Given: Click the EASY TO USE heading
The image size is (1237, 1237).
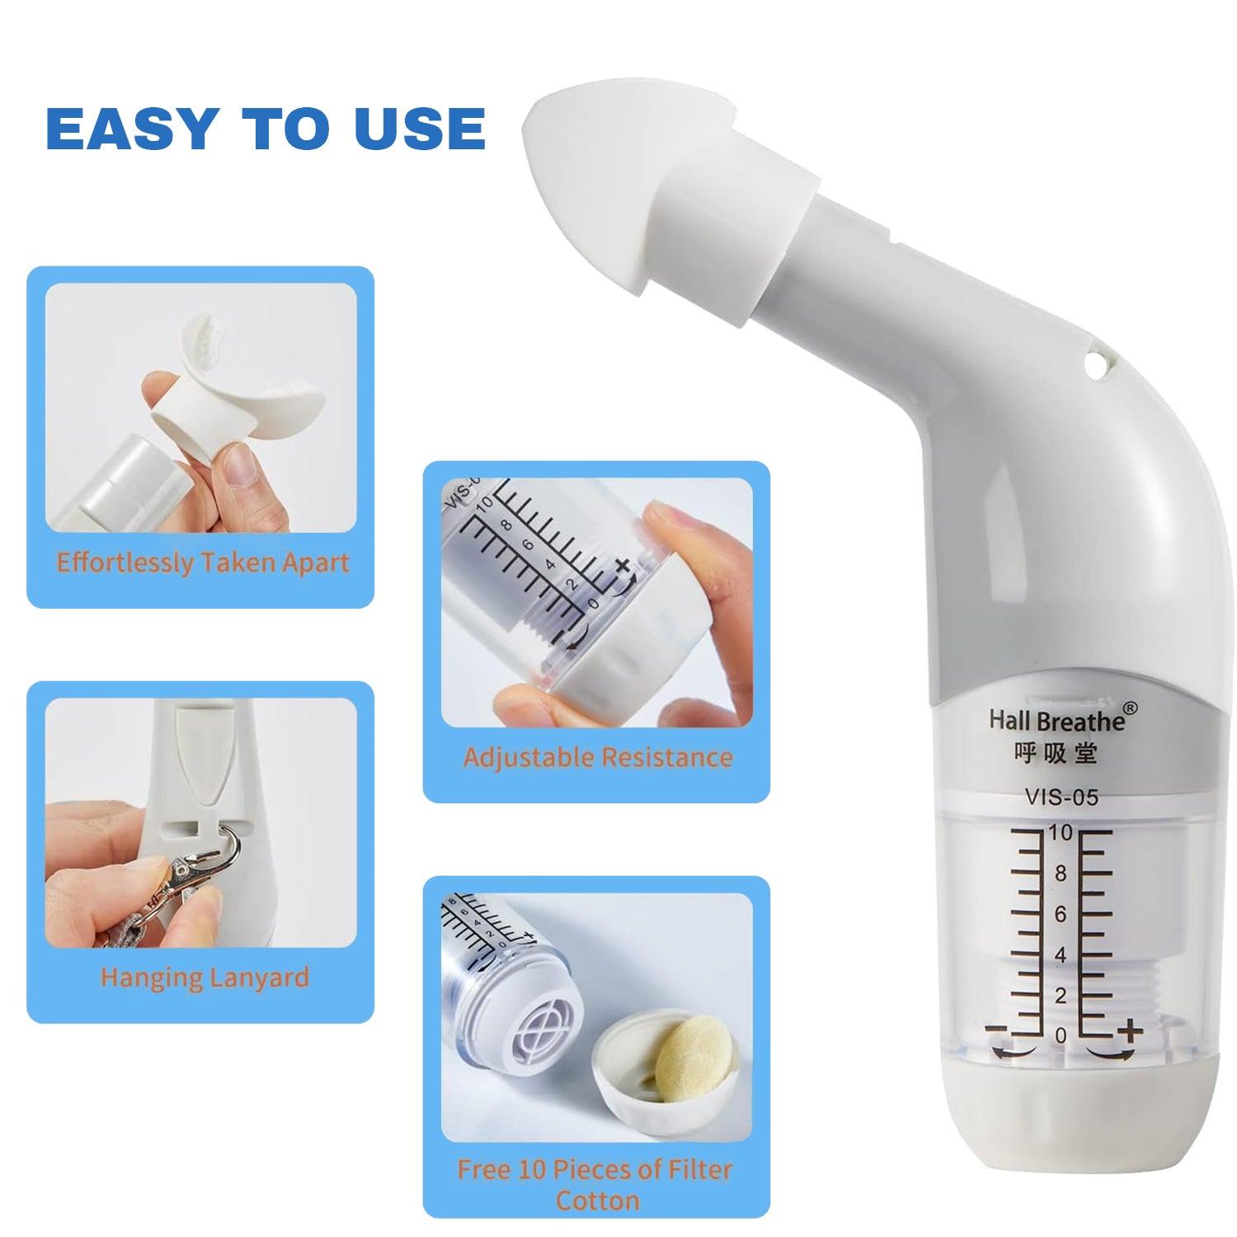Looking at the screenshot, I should [x=266, y=128].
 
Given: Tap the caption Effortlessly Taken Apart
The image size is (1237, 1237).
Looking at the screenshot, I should [x=203, y=563].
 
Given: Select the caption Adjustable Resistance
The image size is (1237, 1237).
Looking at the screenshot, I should [x=598, y=757].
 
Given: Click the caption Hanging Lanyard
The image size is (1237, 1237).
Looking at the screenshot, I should [x=205, y=978].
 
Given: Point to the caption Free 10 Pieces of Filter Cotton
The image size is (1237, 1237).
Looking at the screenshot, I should [x=595, y=1184].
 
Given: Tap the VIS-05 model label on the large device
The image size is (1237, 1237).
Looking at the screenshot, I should [x=1061, y=797].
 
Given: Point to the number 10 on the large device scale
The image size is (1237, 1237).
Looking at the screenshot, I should [x=1061, y=834].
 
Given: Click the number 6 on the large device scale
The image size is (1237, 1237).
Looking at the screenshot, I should [x=1061, y=914].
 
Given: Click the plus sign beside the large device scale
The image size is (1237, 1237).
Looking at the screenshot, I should [x=1129, y=1030].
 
